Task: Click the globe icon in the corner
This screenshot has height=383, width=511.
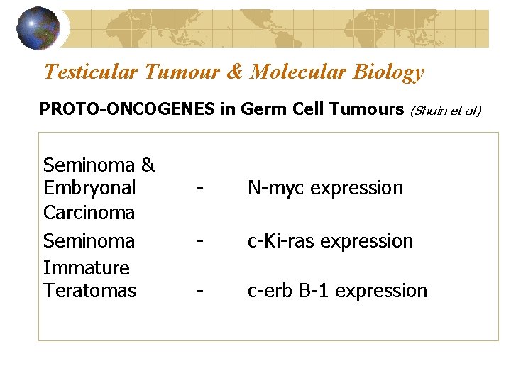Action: pos(38,28)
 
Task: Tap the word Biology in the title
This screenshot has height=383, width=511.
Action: pos(388,72)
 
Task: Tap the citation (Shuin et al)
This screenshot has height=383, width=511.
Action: pos(446,110)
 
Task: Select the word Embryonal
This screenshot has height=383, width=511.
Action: pos(89,188)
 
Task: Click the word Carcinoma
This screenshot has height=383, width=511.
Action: pos(89,212)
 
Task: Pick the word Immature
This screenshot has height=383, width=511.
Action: pos(87,268)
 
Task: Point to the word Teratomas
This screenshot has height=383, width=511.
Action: pos(90,291)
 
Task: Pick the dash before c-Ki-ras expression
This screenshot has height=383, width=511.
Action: pos(203,242)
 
